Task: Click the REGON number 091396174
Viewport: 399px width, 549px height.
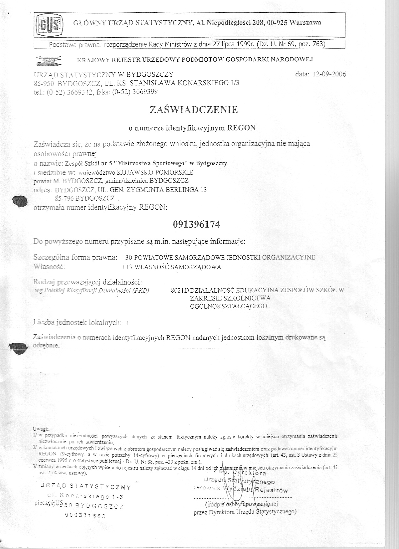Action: (196, 224)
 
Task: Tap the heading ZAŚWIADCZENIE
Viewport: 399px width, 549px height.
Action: (194, 110)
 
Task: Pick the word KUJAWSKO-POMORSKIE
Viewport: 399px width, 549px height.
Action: (155, 172)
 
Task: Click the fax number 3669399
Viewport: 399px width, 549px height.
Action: (145, 92)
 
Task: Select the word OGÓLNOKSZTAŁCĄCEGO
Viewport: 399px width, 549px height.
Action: (228, 306)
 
